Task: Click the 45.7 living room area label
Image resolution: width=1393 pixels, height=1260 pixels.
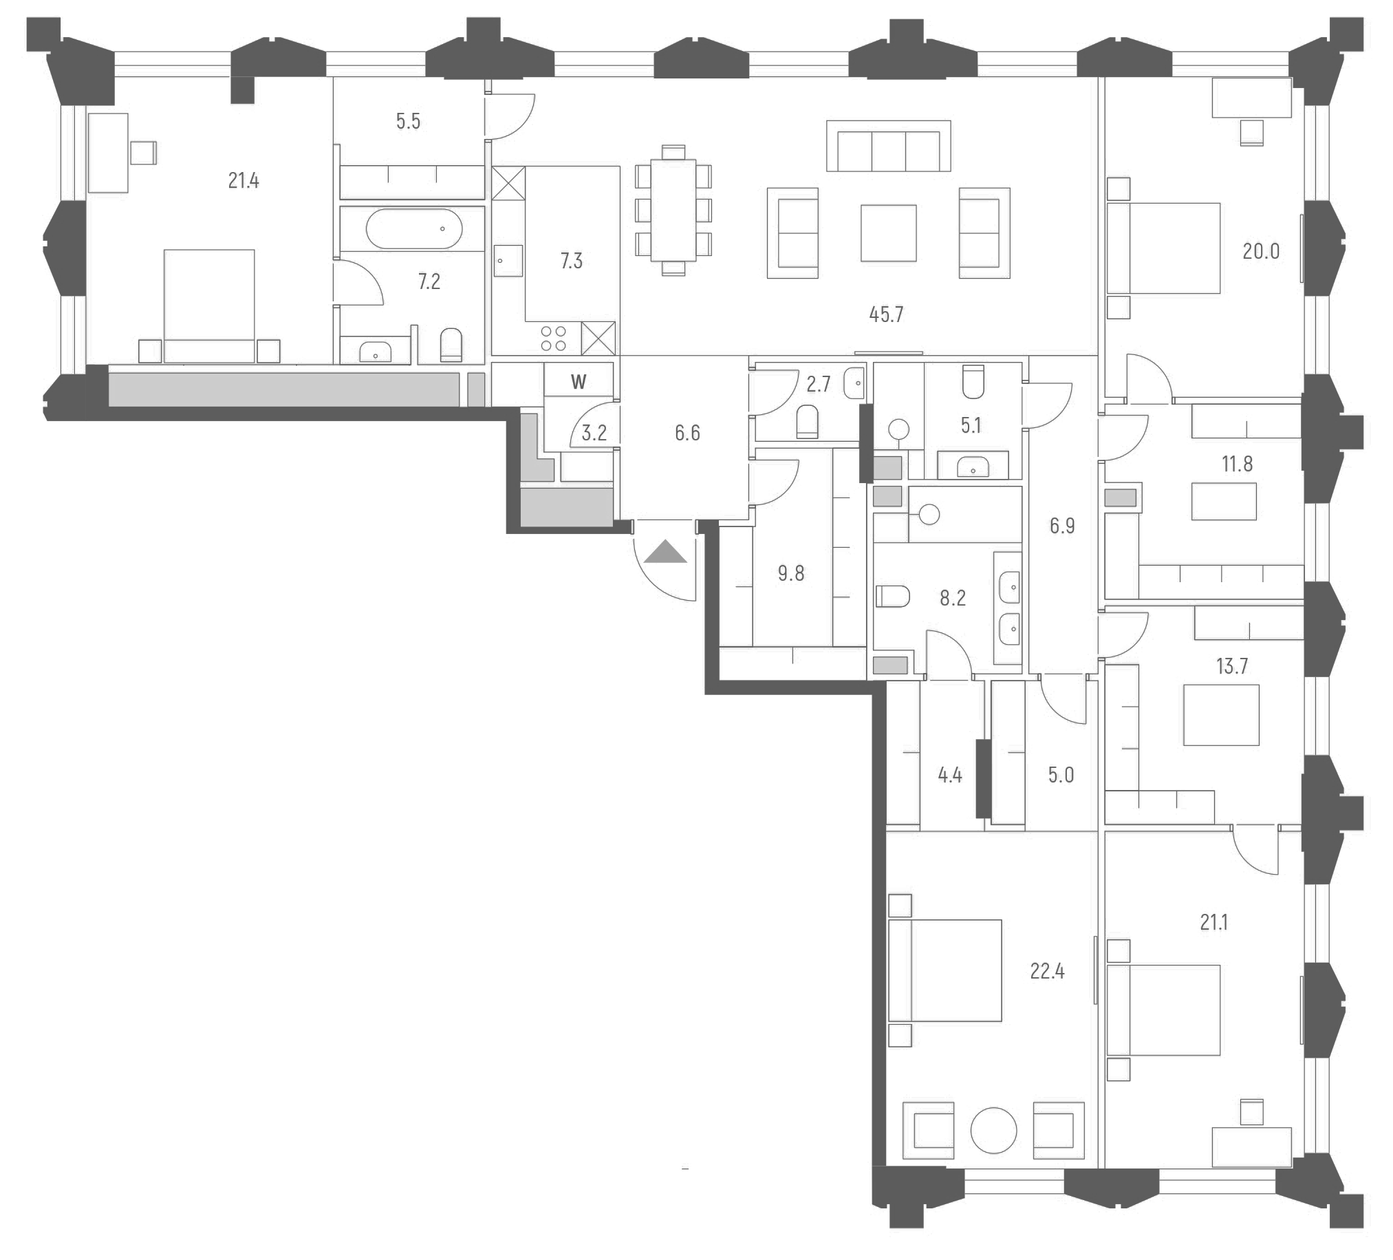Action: (886, 314)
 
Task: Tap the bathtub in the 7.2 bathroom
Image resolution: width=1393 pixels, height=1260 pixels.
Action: (413, 228)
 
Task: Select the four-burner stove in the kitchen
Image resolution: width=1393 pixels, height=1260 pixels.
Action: (553, 338)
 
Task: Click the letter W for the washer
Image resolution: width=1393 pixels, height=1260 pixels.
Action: (579, 381)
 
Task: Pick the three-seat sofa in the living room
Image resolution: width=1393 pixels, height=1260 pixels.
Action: (888, 147)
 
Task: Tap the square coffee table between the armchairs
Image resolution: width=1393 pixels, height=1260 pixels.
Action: (888, 233)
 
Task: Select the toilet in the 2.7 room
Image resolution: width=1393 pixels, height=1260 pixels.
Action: (807, 422)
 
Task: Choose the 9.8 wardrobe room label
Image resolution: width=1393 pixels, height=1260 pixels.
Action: (790, 573)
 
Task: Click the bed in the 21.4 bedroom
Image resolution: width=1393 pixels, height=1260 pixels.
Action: (208, 306)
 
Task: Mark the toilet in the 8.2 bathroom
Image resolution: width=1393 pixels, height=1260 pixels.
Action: (892, 596)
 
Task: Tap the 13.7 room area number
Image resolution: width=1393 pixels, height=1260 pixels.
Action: (1231, 665)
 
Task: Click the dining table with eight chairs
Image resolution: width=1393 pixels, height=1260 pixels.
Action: (673, 210)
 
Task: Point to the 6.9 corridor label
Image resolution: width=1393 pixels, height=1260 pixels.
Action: (1062, 526)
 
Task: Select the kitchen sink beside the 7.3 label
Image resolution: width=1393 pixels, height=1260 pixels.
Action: (508, 261)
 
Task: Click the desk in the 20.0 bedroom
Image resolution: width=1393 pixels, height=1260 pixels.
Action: (1251, 98)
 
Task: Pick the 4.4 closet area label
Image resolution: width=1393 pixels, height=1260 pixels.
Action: (949, 775)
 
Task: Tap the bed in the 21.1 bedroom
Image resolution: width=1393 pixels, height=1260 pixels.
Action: (1163, 1010)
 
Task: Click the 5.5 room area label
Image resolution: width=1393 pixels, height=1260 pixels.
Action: (408, 122)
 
